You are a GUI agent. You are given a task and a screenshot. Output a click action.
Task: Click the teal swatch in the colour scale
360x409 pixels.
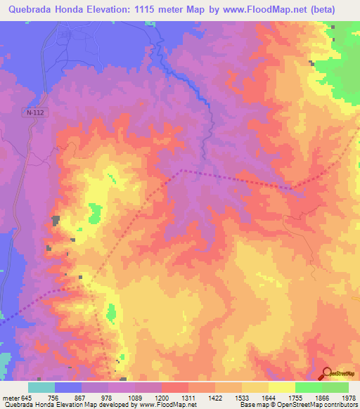41,387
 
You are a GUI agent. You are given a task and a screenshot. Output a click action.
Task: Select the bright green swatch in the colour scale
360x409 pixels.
308,387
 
